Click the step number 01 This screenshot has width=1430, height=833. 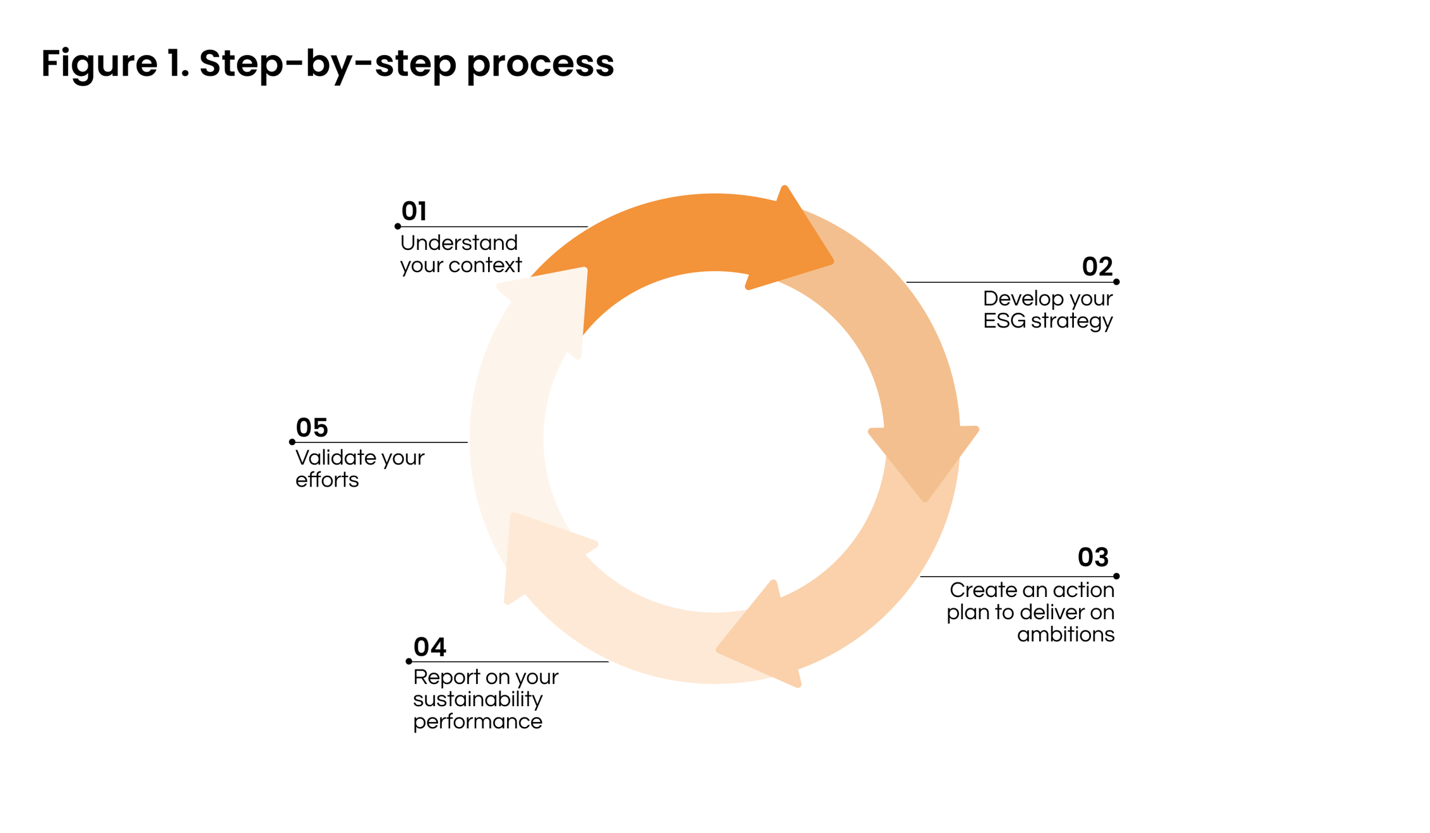414,211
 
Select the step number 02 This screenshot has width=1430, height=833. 1097,267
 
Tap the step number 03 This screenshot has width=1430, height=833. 1093,557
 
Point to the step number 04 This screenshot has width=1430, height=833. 429,647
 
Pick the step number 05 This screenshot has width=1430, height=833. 312,428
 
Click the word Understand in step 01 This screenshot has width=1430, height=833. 459,243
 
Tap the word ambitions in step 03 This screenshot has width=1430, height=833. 1066,634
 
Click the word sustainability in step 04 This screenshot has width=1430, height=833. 478,700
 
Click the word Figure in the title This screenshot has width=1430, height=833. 99,64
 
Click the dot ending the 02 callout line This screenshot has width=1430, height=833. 1116,282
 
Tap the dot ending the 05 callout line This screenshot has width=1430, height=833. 292,442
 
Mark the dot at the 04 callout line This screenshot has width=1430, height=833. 409,661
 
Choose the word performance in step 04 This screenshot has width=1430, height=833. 478,722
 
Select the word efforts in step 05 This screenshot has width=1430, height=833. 327,480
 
